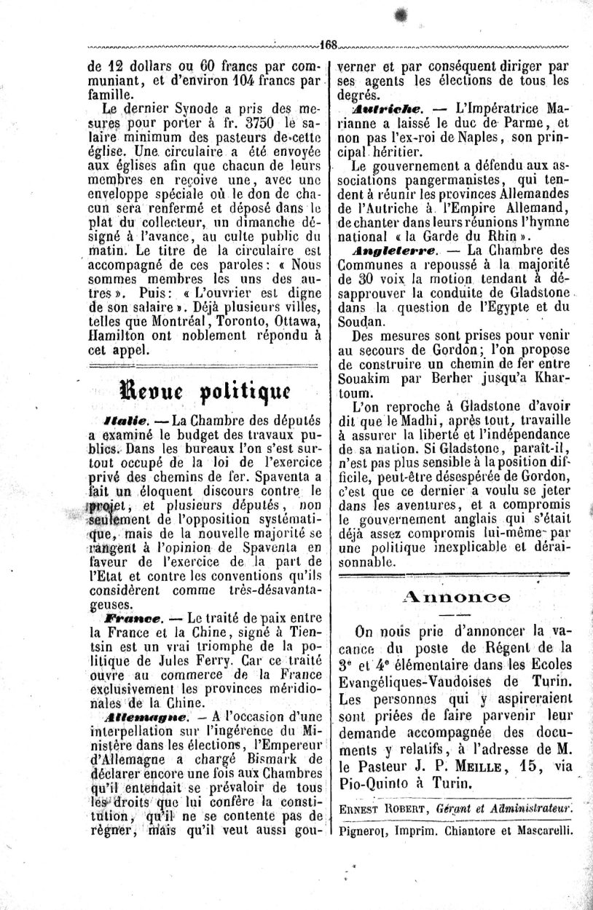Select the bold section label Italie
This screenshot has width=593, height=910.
[x=126, y=420]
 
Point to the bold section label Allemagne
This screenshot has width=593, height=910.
[x=138, y=716]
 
